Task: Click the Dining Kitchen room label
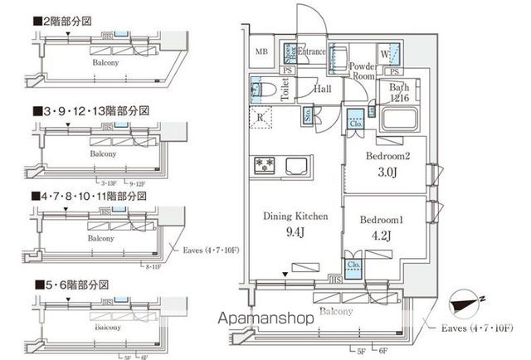tap(295, 216)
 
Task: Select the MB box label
tap(261, 53)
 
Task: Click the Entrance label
tap(312, 52)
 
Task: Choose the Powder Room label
tap(363, 71)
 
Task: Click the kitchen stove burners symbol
tap(265, 163)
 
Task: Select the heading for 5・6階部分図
tap(75, 285)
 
